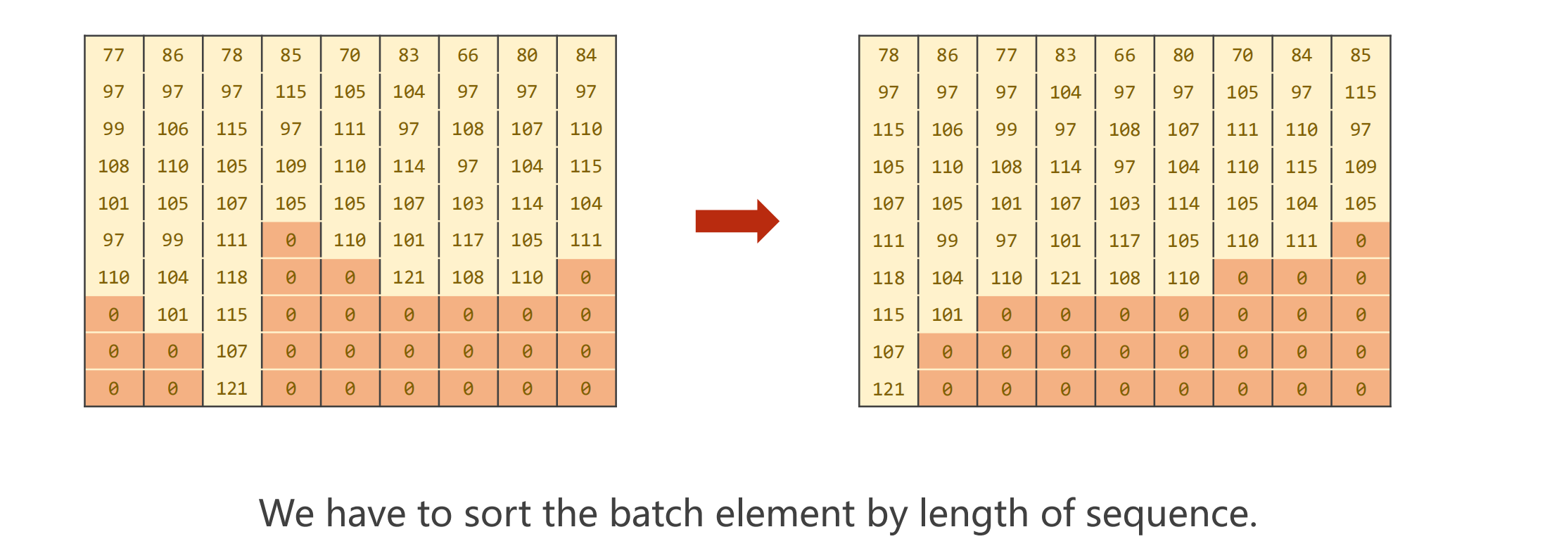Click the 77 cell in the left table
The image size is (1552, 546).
click(x=113, y=55)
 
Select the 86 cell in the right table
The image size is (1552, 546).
click(x=947, y=55)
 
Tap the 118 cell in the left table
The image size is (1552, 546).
click(x=231, y=277)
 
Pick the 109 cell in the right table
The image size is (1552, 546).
click(x=1360, y=167)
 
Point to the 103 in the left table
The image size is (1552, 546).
click(x=467, y=203)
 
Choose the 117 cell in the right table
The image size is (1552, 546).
click(x=1124, y=241)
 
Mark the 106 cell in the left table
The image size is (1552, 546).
click(x=172, y=129)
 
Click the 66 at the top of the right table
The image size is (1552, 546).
click(x=1124, y=55)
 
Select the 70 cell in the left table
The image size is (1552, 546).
click(x=350, y=55)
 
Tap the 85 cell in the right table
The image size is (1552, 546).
click(x=1360, y=55)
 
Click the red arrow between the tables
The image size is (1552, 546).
click(x=736, y=221)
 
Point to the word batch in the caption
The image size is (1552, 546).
click(x=656, y=514)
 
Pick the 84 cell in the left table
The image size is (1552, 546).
click(x=585, y=55)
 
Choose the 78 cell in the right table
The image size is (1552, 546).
click(x=888, y=55)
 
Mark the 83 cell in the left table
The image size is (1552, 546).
click(x=408, y=55)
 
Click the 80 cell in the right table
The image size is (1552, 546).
click(x=1183, y=55)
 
